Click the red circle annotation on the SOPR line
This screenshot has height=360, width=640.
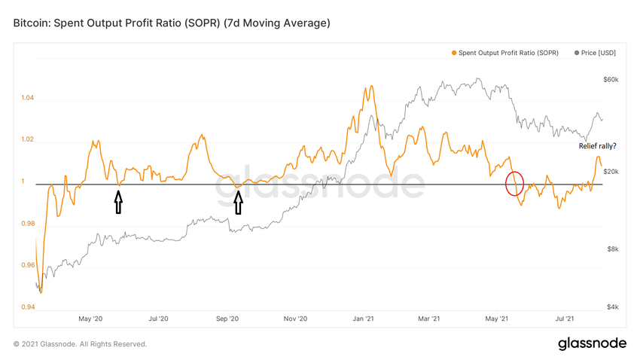(515, 183)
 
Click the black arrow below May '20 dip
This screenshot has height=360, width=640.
(117, 202)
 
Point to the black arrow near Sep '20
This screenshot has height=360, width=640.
(239, 202)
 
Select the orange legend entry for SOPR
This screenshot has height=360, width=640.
(504, 53)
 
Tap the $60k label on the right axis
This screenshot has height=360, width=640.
(611, 79)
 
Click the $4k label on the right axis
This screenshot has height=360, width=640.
(612, 307)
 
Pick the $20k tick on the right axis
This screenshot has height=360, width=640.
(611, 172)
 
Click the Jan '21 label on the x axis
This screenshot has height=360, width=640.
(363, 319)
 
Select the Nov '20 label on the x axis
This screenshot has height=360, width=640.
(296, 319)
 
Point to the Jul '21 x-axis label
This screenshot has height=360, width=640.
(565, 319)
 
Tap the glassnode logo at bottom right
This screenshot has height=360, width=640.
(592, 343)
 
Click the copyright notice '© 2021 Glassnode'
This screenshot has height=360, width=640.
(80, 344)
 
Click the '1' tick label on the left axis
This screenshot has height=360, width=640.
(23, 182)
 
